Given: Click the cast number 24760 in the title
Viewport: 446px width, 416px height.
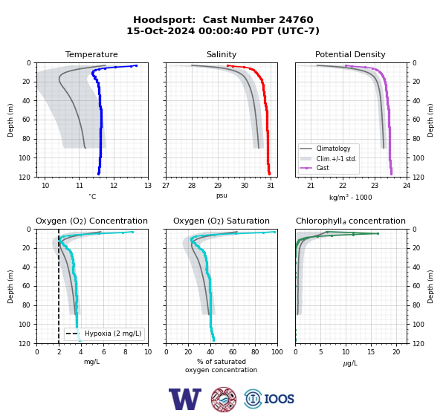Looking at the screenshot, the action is click(x=296, y=20).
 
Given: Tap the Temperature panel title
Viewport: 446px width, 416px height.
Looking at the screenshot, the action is click(x=91, y=54).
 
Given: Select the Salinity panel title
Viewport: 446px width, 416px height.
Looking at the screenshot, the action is click(x=222, y=54).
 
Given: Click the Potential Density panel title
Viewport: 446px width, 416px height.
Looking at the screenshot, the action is click(x=350, y=54).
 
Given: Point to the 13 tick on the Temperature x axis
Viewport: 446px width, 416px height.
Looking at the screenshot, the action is click(x=148, y=186).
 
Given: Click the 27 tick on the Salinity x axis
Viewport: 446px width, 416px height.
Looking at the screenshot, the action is click(x=166, y=186).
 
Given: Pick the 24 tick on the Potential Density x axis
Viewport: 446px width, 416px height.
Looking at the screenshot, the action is click(x=407, y=186).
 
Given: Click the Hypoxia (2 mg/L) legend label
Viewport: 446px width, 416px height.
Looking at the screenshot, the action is click(x=113, y=334).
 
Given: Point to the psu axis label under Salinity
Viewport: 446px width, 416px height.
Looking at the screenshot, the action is click(x=222, y=195).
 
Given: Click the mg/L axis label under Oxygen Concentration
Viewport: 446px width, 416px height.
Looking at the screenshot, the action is click(x=91, y=362).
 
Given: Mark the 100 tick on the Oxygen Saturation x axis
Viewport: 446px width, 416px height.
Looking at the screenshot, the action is click(x=277, y=352).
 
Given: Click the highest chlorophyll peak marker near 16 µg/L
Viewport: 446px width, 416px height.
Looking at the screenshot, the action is click(x=378, y=233).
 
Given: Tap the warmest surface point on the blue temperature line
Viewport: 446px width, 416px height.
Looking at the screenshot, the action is click(x=136, y=65).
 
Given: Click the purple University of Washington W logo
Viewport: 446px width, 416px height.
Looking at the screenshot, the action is click(x=185, y=399).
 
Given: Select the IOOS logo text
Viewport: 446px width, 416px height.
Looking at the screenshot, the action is click(x=279, y=399).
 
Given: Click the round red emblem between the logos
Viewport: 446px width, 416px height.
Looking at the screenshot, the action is click(x=224, y=399).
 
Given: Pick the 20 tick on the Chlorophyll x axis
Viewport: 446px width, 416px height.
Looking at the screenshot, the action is click(x=396, y=352).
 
